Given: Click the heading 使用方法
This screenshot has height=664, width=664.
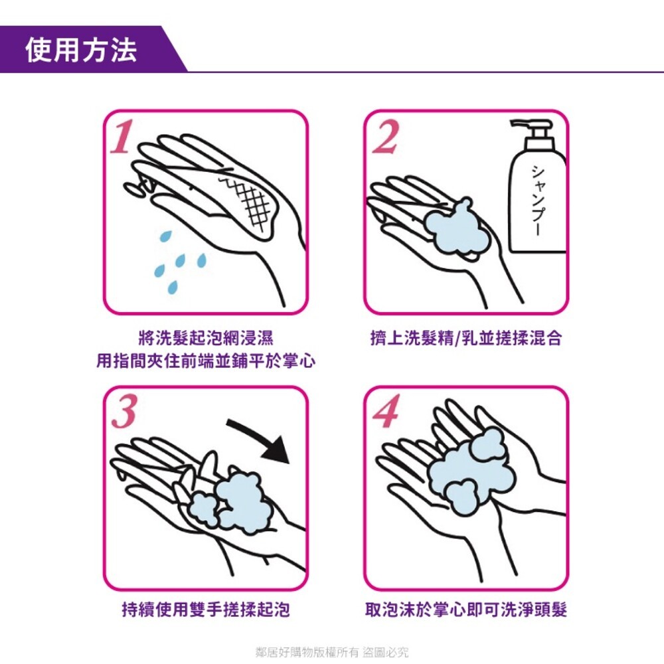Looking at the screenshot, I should pyautogui.click(x=81, y=50).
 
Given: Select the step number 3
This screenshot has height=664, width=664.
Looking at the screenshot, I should pyautogui.click(x=124, y=413).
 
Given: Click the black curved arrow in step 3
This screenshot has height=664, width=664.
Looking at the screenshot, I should pyautogui.click(x=262, y=439).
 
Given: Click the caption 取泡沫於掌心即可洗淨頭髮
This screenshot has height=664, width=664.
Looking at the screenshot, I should pyautogui.click(x=467, y=610).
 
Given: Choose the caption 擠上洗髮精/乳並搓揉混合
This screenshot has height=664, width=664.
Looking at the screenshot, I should pyautogui.click(x=466, y=338).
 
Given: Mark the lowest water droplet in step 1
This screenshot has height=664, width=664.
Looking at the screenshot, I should pyautogui.click(x=173, y=286).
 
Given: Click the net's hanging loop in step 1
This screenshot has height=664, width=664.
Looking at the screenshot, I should pyautogui.click(x=135, y=188).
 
